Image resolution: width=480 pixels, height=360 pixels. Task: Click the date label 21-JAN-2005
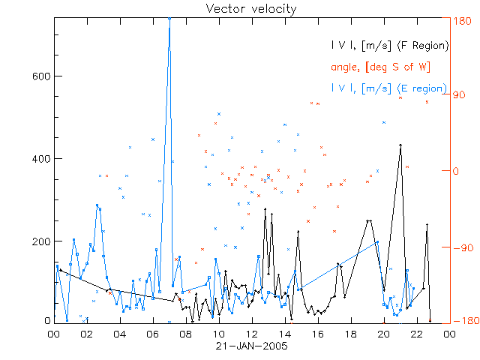(251, 347)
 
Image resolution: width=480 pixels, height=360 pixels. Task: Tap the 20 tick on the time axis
(383, 334)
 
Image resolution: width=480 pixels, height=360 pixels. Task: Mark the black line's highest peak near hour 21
(400, 145)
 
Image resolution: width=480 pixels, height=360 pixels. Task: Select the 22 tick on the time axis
(416, 334)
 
